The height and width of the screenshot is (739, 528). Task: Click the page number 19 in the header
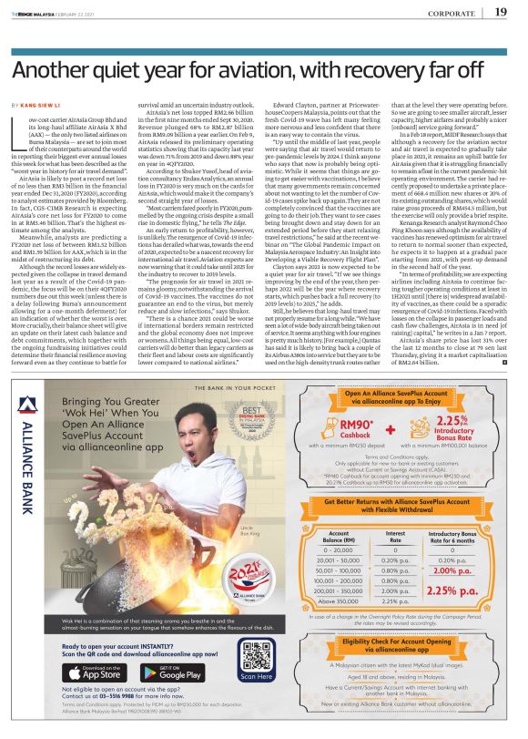pos(501,12)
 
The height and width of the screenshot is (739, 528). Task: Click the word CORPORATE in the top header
pos(452,13)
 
